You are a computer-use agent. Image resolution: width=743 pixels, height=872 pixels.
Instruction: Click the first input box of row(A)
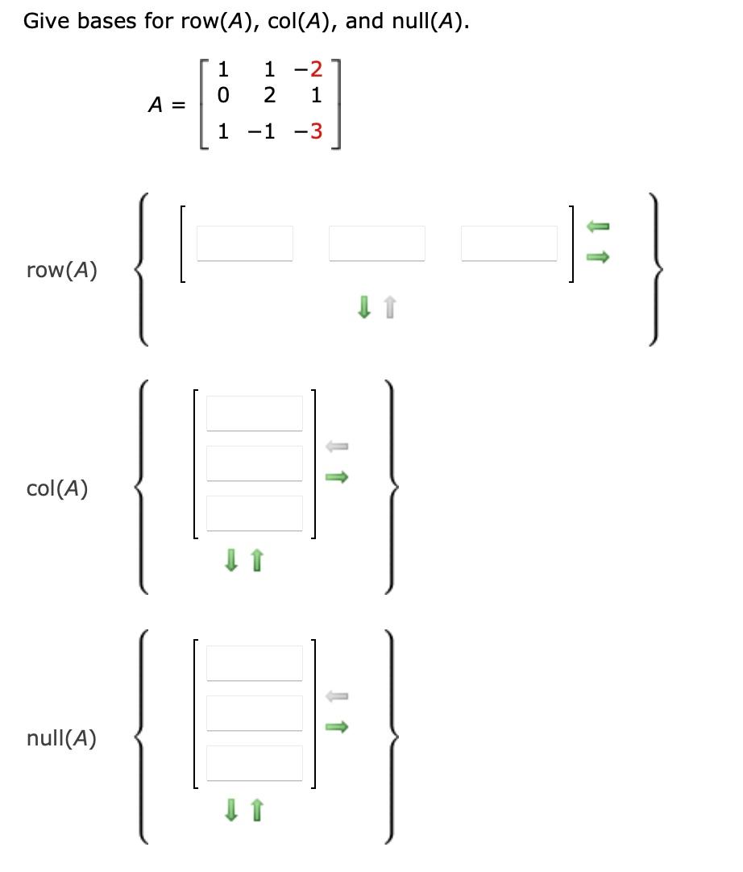tap(245, 243)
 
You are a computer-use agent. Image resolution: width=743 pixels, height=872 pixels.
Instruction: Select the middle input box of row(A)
tap(377, 243)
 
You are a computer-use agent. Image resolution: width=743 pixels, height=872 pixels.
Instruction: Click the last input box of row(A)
tap(509, 243)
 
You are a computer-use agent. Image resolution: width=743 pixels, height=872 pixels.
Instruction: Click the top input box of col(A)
tap(255, 413)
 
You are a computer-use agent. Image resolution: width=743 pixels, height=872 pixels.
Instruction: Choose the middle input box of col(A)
tap(255, 463)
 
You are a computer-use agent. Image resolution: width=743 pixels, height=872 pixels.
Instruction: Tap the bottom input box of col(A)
tap(255, 513)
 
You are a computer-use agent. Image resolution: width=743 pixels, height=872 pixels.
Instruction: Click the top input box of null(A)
tap(255, 663)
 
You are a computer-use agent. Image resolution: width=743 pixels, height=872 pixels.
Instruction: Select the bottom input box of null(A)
tap(255, 762)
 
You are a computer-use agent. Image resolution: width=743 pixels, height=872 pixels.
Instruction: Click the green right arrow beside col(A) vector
tap(338, 478)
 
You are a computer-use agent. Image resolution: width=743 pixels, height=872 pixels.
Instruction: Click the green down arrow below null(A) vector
tap(231, 808)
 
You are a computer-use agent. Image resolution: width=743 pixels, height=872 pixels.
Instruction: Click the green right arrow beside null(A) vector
tap(338, 728)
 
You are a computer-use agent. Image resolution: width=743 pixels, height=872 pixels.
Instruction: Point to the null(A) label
tap(61, 738)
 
